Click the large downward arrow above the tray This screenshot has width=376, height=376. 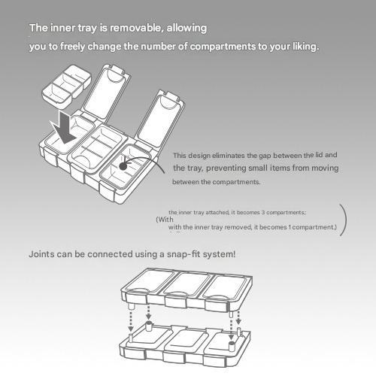click(64, 128)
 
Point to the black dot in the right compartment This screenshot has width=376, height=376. click(123, 166)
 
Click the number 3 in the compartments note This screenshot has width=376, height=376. click(263, 213)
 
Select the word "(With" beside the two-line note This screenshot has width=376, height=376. click(165, 220)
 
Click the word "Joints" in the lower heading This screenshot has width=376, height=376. click(41, 254)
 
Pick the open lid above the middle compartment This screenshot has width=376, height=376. click(108, 92)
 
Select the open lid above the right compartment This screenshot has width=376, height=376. click(159, 119)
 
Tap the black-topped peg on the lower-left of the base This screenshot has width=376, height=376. click(149, 326)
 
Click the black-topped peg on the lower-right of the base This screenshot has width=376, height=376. click(232, 347)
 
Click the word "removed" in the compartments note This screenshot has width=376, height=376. click(238, 227)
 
